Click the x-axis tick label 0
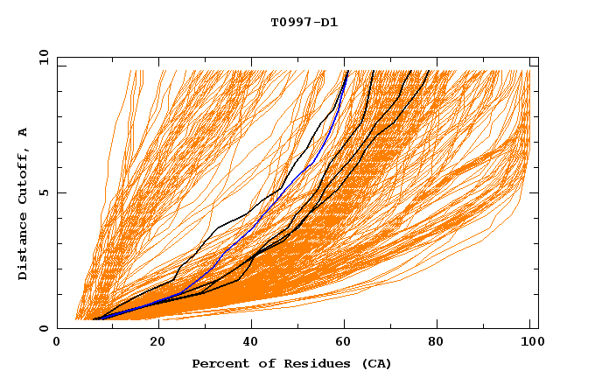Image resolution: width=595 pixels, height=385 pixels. point(57,344)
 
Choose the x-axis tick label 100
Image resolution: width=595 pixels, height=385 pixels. point(530,344)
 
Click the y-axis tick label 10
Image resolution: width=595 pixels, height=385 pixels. point(42,58)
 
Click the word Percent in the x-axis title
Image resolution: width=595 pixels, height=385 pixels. point(219,363)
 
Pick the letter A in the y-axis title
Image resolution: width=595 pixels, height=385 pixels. point(23,132)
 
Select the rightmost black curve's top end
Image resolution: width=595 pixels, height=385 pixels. point(429,71)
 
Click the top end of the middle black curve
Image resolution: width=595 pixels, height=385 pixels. point(374,71)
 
